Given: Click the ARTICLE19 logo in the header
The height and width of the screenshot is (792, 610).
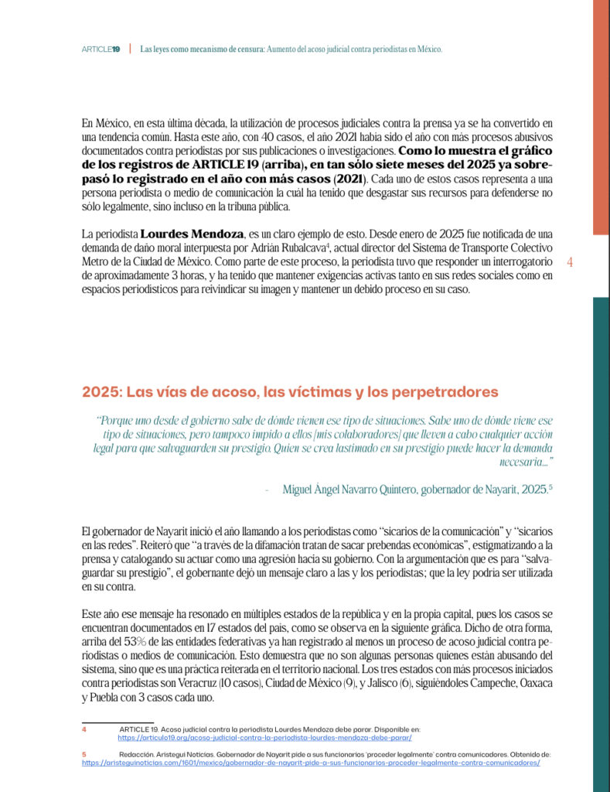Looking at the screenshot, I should point(101,49).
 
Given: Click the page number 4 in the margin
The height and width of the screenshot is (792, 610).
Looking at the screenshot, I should point(570,262).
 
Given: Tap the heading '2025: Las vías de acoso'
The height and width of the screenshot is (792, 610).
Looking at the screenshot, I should point(290,392).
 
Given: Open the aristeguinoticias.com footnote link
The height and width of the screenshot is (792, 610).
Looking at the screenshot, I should point(310,762).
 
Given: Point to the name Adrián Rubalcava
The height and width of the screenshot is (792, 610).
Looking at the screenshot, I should point(285,247).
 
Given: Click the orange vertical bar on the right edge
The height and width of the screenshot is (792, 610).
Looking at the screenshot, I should point(601,116).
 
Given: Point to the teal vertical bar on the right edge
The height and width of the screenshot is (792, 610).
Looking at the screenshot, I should point(601,541).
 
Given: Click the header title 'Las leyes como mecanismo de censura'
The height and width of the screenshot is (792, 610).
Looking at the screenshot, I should point(201,49).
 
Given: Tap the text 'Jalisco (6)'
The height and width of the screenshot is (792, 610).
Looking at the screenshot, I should point(438,685).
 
